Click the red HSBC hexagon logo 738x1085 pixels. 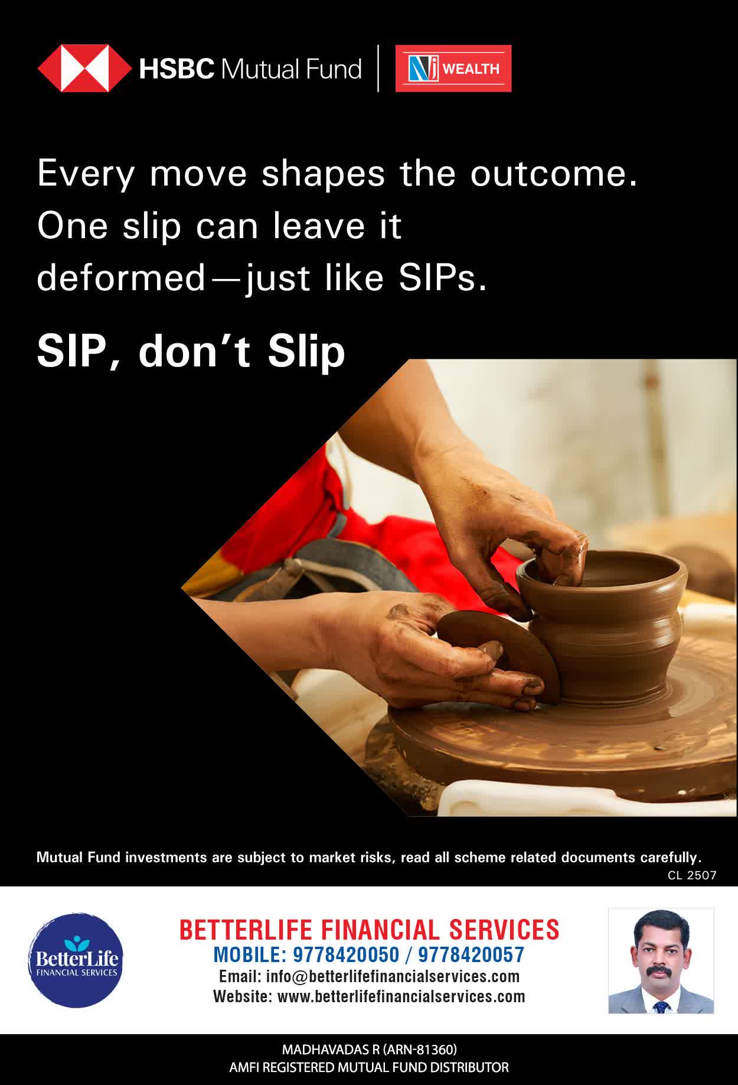click(84, 69)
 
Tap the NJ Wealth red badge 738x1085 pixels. click(453, 69)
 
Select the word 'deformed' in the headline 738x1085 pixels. click(120, 278)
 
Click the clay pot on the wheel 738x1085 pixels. click(603, 623)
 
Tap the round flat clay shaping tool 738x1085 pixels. click(499, 653)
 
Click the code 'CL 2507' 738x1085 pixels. click(692, 875)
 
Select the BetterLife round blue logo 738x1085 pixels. click(75, 960)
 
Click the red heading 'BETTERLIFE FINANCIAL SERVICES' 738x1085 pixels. click(369, 930)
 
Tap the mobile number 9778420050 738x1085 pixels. click(338, 954)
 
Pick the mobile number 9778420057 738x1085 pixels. click(471, 954)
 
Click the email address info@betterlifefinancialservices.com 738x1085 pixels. click(393, 976)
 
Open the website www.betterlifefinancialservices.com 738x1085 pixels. click(401, 996)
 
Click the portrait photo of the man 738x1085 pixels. click(661, 961)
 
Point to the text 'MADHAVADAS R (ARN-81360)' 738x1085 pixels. click(369, 1050)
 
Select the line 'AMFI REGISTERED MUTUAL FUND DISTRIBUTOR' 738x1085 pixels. click(369, 1067)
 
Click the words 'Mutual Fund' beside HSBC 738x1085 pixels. click(290, 69)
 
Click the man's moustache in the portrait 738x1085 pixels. click(660, 973)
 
